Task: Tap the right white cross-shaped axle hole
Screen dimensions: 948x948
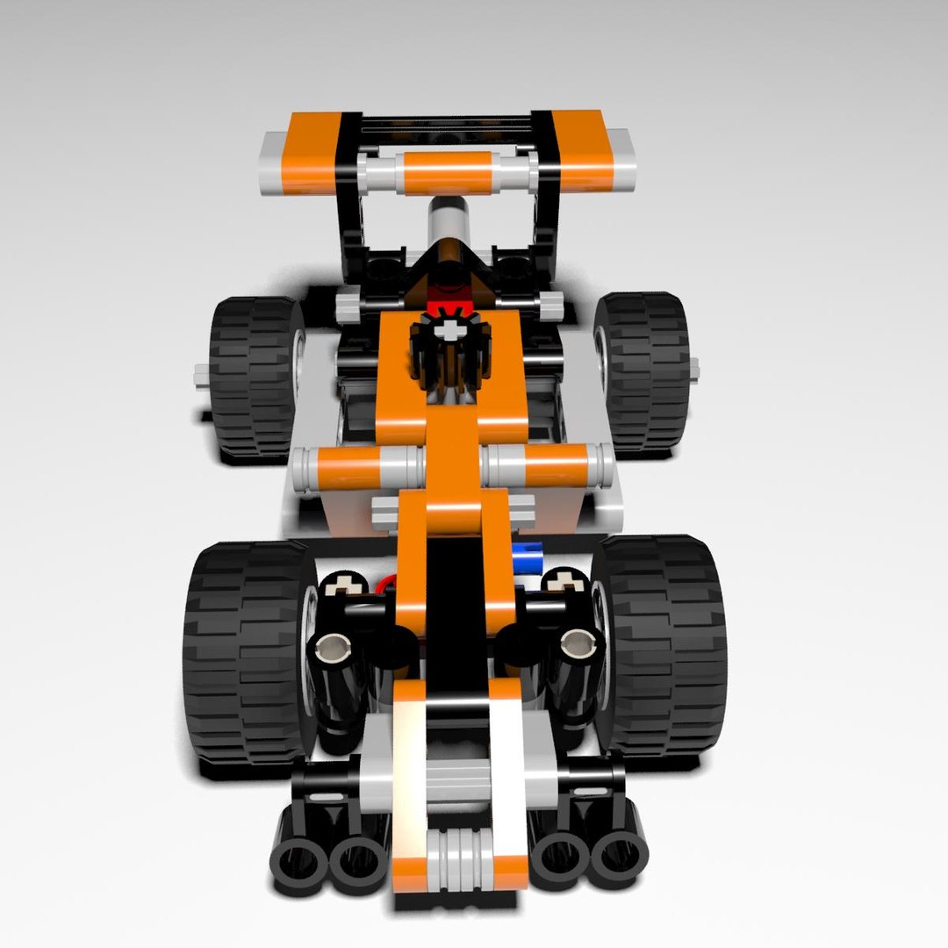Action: pyautogui.click(x=569, y=580)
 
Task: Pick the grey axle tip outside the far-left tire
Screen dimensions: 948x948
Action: pyautogui.click(x=199, y=377)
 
